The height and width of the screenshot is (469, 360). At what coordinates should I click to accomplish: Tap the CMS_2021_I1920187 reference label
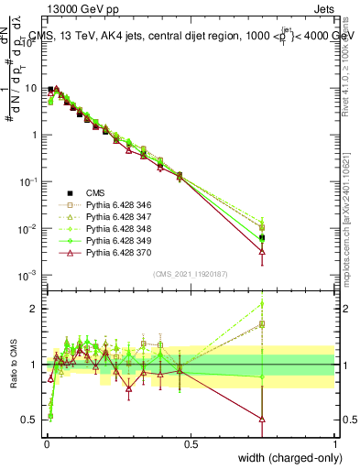tap(190, 274)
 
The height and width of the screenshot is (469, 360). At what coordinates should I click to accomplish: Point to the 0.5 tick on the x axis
tap(191, 444)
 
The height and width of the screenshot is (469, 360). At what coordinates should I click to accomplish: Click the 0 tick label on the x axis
tap(47, 444)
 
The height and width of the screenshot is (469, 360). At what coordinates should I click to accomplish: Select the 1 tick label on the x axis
tap(334, 444)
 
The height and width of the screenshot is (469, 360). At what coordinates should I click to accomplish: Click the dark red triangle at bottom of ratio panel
tap(263, 420)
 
